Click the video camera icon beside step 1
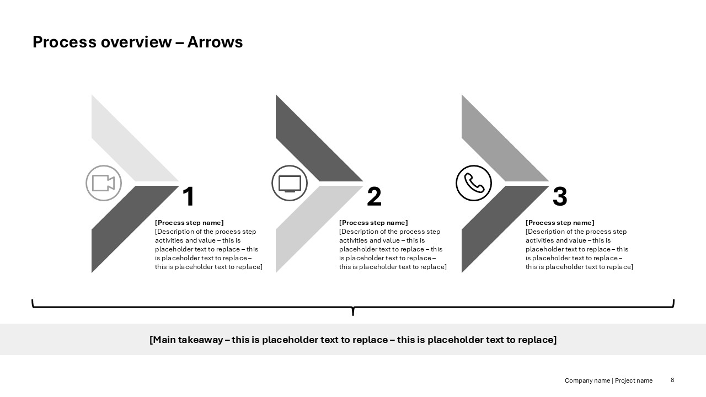(104, 183)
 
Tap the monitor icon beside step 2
(290, 183)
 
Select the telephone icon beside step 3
(474, 183)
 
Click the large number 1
(189, 197)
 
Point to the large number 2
(374, 197)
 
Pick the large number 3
(560, 197)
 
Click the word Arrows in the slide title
(215, 42)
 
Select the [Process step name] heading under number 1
(189, 223)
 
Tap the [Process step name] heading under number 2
(373, 223)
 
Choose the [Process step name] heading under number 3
(560, 223)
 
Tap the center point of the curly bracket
(353, 310)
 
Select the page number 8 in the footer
(672, 380)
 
